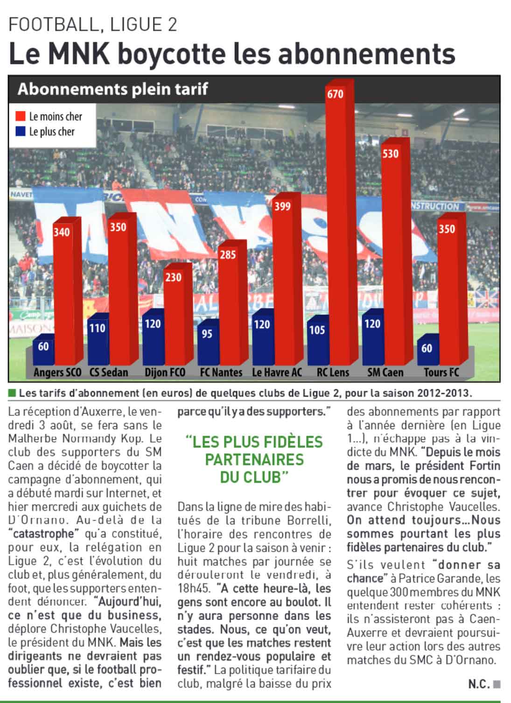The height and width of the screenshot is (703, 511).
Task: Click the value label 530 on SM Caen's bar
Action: coord(390,153)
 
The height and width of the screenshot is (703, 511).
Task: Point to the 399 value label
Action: coord(282,206)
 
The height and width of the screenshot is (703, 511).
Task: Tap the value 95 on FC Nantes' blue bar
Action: coord(207,333)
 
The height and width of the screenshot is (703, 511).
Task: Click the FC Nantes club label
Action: coord(221,373)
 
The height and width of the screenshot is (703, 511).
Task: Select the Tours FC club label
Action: coord(441,373)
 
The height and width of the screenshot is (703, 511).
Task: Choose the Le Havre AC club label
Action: coord(277,373)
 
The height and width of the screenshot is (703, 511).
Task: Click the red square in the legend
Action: coord(21,116)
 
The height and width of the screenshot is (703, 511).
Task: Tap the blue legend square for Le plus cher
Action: coord(21,132)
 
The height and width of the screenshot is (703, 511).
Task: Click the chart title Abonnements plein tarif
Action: coord(112,89)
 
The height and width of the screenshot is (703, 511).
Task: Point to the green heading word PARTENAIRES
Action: coord(254,460)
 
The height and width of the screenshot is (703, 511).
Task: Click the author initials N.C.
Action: coord(479,684)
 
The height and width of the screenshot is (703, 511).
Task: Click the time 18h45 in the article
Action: coord(191,589)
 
